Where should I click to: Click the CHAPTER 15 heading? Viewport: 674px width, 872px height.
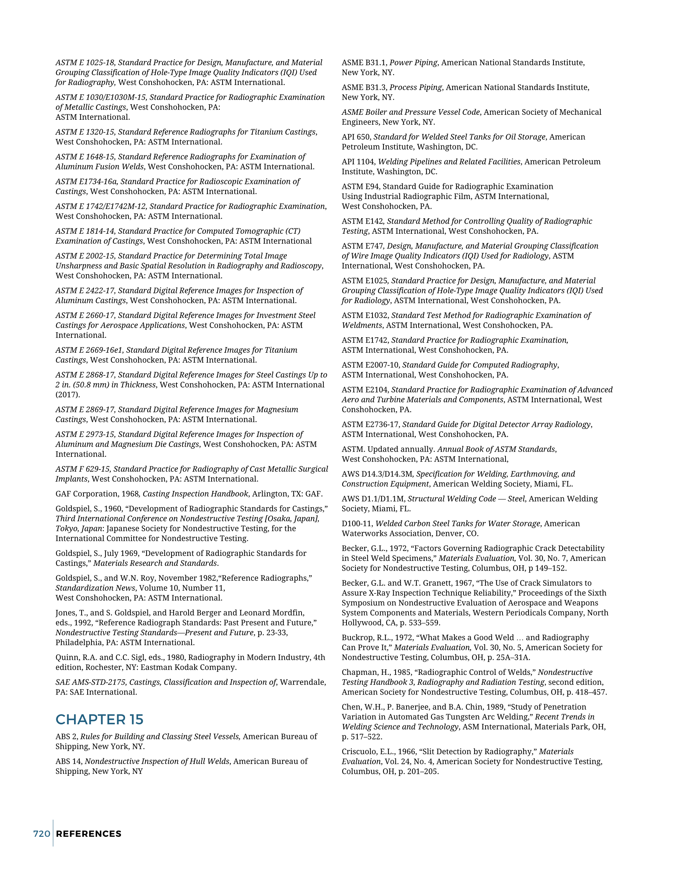coord(99,719)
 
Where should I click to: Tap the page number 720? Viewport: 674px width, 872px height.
coord(42,834)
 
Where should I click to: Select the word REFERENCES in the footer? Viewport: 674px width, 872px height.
coord(89,834)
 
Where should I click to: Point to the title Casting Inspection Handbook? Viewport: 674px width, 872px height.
coord(195,494)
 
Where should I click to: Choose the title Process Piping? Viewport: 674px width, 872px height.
coord(416,88)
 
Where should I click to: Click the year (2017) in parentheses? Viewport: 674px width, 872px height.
coord(68,395)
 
